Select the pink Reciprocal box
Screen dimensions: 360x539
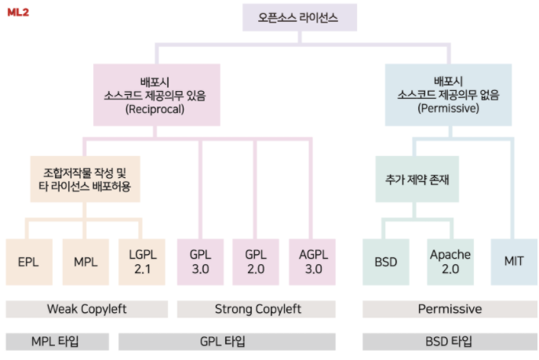point(154,94)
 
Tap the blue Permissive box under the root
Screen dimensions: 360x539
point(448,94)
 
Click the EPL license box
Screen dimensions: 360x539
point(28,261)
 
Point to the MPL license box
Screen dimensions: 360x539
point(85,261)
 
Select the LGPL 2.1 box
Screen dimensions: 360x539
point(141,261)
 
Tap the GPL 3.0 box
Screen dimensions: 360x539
point(200,261)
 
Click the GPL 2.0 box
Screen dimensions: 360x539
point(256,261)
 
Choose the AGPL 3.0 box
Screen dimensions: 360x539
point(312,261)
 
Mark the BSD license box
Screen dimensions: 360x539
point(385,261)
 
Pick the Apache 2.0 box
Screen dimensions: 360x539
point(450,261)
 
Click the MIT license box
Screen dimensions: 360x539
point(514,261)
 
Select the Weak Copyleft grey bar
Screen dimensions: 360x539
point(86,309)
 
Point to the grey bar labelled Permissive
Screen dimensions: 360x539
point(449,309)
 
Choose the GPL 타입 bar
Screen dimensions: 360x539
point(228,342)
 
